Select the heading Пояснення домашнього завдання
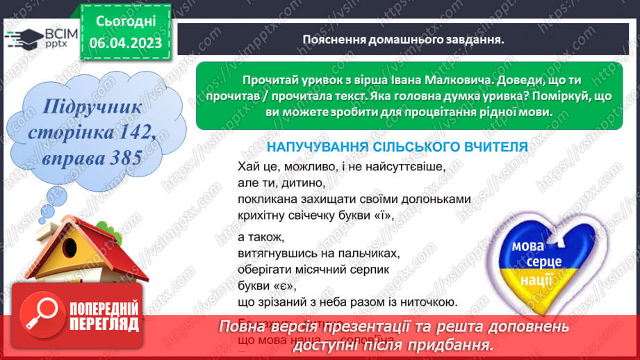point(403,39)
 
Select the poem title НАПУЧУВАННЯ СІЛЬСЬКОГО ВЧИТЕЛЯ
point(397,147)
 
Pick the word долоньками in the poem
point(436,199)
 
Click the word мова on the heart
point(527,247)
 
